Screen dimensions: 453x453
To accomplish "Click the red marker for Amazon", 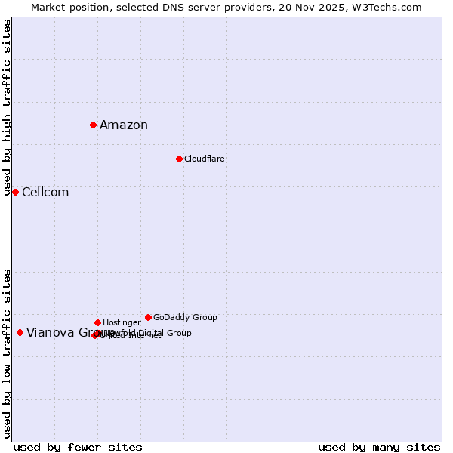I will pos(93,125).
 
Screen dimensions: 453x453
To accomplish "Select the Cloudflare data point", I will pos(179,159).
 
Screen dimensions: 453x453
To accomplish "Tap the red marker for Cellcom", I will pos(15,192).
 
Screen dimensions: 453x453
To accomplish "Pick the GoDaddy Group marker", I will pos(148,317).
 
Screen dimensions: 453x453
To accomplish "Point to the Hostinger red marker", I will pos(97,322).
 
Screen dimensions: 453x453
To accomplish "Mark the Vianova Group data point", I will pos(20,332).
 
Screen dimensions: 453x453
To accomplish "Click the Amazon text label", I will pos(124,125).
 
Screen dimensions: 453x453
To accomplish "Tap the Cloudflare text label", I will pos(205,159).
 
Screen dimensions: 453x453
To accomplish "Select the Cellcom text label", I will pos(45,193).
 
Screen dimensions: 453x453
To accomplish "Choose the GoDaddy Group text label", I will pos(185,317).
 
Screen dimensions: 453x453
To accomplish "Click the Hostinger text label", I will pos(122,322).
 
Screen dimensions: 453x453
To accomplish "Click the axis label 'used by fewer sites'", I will pos(78,447).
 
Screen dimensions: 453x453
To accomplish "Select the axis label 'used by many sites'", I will pos(379,447).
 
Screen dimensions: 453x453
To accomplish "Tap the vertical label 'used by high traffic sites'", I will pos(8,107).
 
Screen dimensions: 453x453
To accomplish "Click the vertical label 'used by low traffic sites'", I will pos(8,353).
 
